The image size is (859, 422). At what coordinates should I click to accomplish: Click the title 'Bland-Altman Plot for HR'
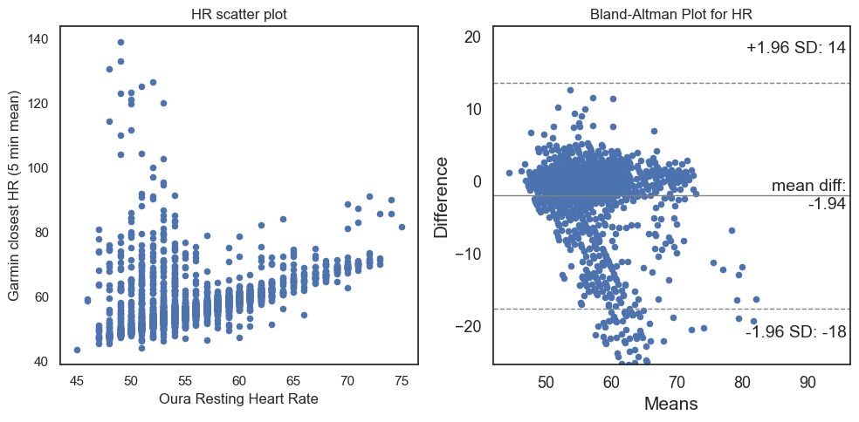tap(671, 15)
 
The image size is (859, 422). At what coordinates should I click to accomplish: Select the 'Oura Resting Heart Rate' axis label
tap(238, 399)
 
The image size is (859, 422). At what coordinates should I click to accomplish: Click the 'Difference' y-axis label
tap(442, 197)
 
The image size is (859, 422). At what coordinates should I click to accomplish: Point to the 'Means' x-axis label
tap(671, 405)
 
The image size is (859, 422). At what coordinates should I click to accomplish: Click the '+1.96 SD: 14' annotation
tap(795, 48)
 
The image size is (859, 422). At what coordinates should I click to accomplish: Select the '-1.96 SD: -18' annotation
tap(795, 332)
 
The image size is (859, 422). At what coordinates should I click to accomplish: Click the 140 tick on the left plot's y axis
tap(38, 39)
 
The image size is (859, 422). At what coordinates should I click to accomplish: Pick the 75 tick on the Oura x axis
tap(402, 380)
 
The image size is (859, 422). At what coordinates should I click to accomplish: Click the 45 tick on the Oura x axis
tap(77, 380)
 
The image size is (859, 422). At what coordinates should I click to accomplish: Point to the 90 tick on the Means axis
tap(808, 382)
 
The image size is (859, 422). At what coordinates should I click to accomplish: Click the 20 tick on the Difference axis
tap(471, 37)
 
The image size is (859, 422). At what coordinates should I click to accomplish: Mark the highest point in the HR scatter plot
tap(120, 42)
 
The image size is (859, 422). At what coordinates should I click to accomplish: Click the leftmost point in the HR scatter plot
tap(77, 350)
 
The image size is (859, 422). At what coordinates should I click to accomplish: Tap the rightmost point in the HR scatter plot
tap(402, 227)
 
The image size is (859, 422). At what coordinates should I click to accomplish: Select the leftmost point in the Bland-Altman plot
tap(509, 174)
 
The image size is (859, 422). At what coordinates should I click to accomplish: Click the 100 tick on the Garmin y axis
tap(38, 168)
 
